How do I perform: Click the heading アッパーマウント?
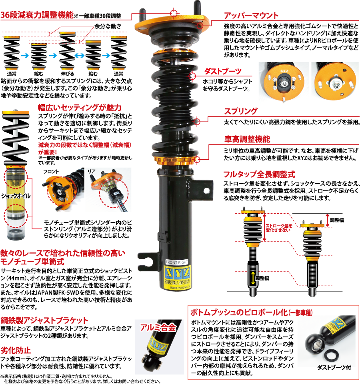[x=250, y=16]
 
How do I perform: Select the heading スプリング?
[x=240, y=111]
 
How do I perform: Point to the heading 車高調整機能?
[x=247, y=139]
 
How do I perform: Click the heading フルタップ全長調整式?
[x=259, y=174]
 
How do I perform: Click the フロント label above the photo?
[x=51, y=171]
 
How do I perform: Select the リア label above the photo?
[x=91, y=171]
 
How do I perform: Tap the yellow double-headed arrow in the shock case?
[x=253, y=278]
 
